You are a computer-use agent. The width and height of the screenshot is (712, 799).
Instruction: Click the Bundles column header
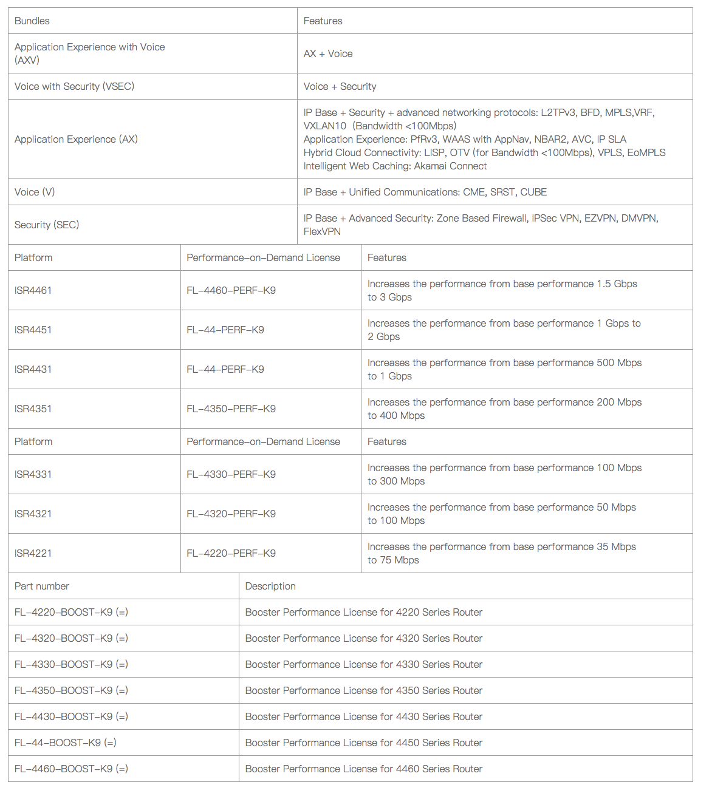(x=32, y=21)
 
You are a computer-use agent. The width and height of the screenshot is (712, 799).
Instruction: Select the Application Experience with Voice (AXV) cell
(x=89, y=53)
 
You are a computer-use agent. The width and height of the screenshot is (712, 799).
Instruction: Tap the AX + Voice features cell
(x=328, y=54)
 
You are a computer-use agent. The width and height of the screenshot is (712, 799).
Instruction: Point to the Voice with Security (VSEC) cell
(x=74, y=87)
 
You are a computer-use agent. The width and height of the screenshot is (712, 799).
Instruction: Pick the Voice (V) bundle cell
(x=35, y=192)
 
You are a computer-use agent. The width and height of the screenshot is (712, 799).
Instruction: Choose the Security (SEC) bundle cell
(x=47, y=225)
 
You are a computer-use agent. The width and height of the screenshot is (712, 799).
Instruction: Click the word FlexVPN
(x=322, y=232)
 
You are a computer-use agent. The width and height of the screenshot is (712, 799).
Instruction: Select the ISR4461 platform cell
(x=33, y=291)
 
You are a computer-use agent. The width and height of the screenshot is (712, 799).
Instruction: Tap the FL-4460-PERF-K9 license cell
(x=231, y=291)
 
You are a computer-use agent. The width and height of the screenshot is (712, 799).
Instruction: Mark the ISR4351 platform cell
(x=33, y=409)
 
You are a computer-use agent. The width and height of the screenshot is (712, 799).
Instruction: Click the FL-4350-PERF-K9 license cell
(x=231, y=409)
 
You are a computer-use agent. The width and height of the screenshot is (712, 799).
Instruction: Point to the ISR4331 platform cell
(x=33, y=475)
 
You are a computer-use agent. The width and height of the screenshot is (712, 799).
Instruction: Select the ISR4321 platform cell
(x=33, y=514)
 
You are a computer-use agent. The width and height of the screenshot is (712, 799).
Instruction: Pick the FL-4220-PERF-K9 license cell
(x=231, y=554)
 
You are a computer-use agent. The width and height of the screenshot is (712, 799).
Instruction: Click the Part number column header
(x=42, y=586)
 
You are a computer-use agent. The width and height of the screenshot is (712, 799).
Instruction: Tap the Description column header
(x=270, y=586)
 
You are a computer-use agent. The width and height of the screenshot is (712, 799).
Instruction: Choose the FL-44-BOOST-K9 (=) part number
(x=66, y=743)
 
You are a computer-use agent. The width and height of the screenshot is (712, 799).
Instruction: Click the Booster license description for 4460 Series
(x=364, y=769)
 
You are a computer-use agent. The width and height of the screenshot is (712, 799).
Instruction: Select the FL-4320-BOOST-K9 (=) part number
(x=71, y=639)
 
